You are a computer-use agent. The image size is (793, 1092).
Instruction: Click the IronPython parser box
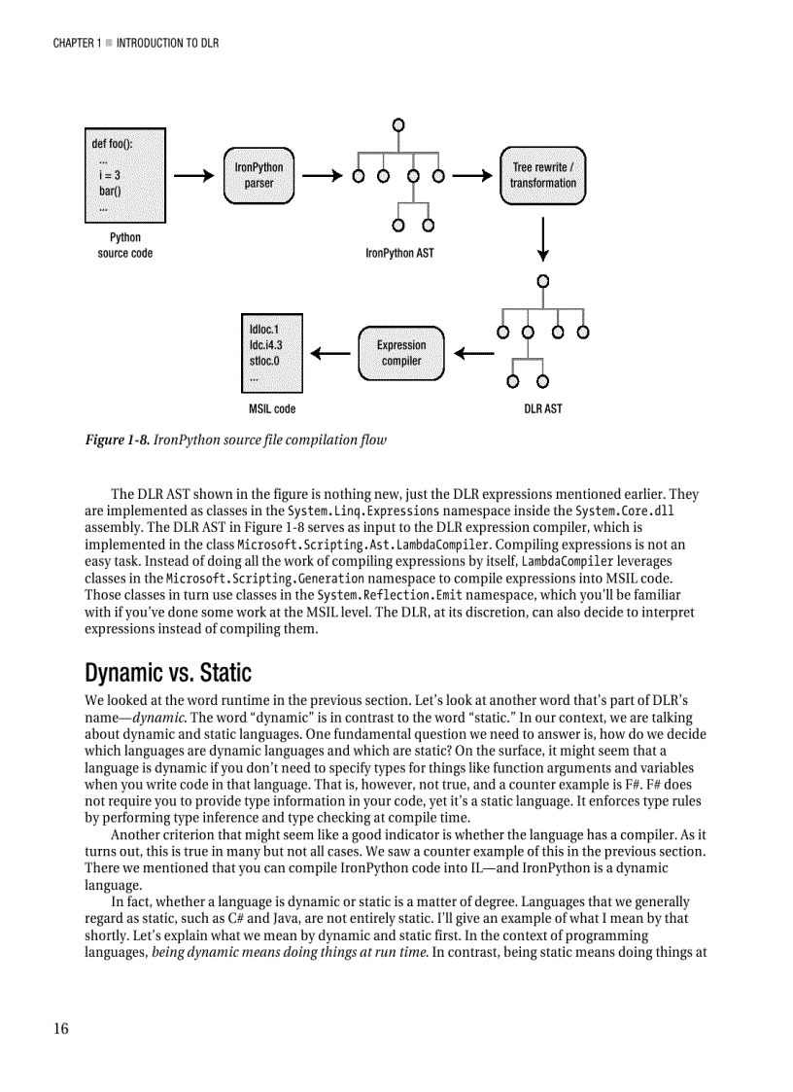pyautogui.click(x=259, y=176)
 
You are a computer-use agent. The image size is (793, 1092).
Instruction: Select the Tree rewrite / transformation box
pyautogui.click(x=542, y=176)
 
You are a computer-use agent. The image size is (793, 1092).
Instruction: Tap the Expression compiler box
pyautogui.click(x=401, y=353)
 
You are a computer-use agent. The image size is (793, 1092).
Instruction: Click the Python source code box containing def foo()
pyautogui.click(x=125, y=176)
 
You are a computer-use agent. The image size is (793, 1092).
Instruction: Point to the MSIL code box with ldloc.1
pyautogui.click(x=272, y=353)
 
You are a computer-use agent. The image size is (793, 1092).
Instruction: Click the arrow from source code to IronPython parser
pyautogui.click(x=194, y=176)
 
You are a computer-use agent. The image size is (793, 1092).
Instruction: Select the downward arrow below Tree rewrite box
pyautogui.click(x=542, y=239)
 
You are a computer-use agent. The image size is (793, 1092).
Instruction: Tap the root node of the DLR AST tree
pyautogui.click(x=542, y=281)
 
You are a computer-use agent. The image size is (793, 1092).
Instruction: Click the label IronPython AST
pyautogui.click(x=399, y=254)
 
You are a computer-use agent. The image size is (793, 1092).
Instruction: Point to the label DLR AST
pyautogui.click(x=542, y=409)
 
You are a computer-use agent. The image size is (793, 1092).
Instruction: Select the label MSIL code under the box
pyautogui.click(x=272, y=409)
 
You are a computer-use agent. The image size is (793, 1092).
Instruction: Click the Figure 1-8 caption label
pyautogui.click(x=118, y=440)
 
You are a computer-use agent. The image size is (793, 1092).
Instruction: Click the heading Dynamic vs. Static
pyautogui.click(x=168, y=673)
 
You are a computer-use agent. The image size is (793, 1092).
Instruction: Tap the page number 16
pyautogui.click(x=60, y=1030)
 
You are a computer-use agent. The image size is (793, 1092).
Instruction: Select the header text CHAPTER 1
pyautogui.click(x=77, y=44)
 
